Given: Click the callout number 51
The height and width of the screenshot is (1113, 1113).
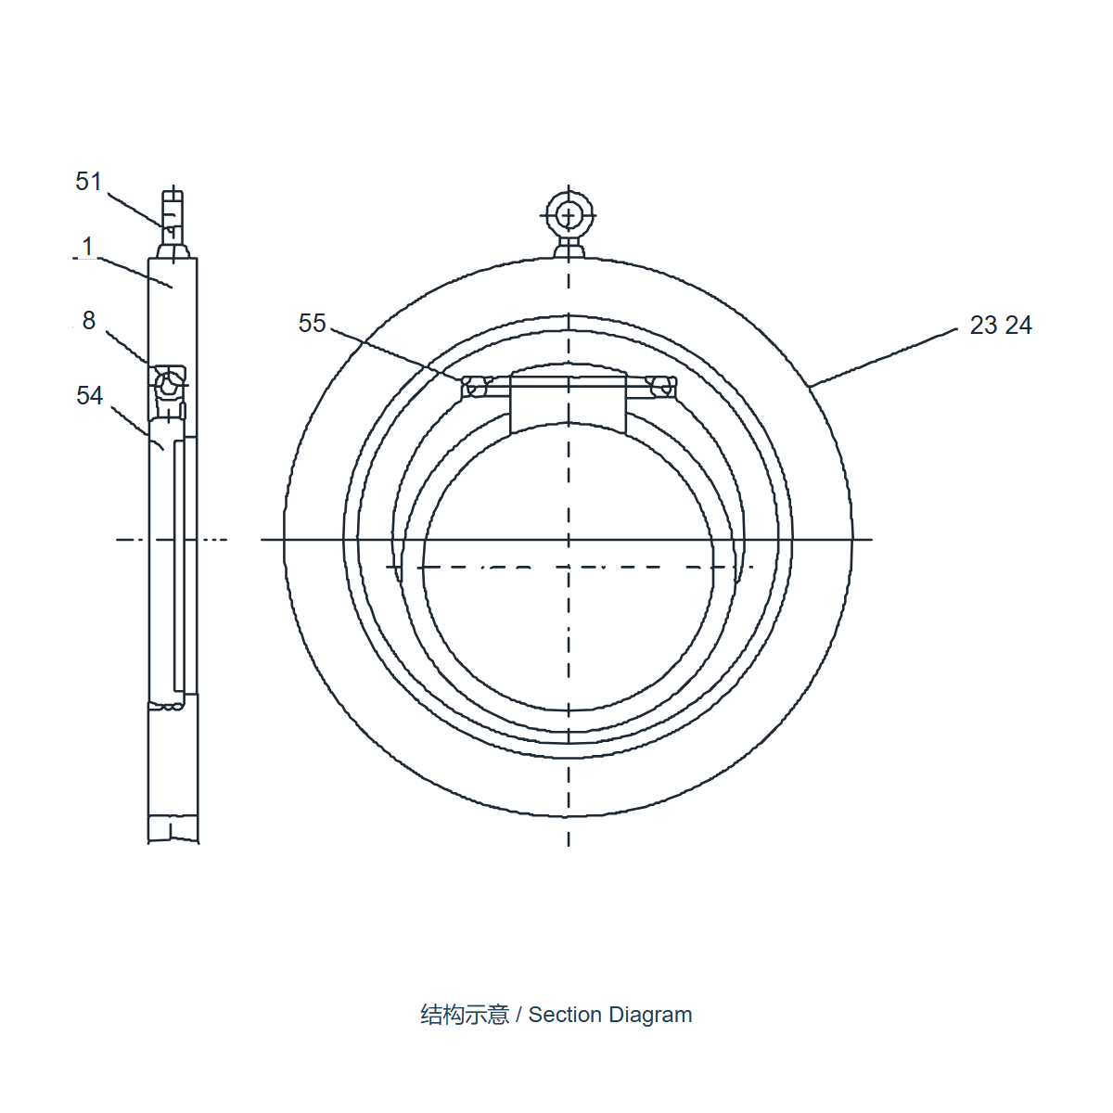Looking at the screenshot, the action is pos(88,182).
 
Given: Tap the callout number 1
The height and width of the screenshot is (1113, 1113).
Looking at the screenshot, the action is pos(88,247).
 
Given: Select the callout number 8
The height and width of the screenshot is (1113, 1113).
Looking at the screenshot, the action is pos(88,320).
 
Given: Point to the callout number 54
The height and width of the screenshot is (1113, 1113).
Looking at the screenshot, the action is pos(90,396).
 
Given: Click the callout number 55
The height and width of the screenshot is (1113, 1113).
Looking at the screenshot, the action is pos(313,324).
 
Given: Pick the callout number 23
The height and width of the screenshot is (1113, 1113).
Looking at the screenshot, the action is pos(984,326).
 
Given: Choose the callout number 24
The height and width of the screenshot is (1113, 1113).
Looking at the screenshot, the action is pos(1018,326).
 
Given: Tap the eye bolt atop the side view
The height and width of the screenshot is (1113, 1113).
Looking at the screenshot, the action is pos(173,224).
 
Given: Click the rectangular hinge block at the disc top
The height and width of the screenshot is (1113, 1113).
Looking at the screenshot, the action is pos(569,399).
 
